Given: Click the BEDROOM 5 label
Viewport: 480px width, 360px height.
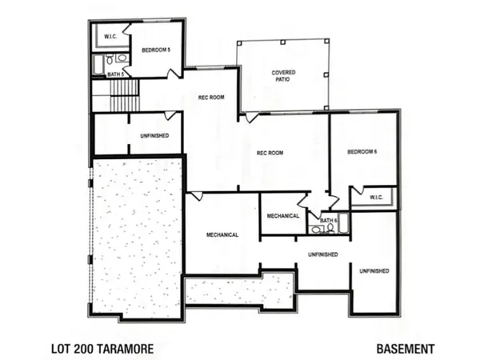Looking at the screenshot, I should click(x=155, y=50).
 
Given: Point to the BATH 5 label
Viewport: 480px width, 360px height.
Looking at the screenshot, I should click(x=115, y=74).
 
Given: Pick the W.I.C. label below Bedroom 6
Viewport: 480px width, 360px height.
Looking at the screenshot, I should click(x=374, y=196).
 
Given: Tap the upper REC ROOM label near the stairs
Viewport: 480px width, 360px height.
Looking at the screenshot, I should click(x=211, y=98).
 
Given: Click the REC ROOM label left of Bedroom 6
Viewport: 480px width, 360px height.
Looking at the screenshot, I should click(x=271, y=153).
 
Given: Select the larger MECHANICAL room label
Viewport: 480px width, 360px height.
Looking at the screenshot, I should click(x=224, y=235).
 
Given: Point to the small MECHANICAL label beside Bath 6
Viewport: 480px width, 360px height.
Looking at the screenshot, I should click(x=282, y=215).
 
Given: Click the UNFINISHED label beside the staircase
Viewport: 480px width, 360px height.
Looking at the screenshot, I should click(x=154, y=136).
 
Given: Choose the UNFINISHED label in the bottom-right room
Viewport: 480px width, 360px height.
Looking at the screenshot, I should click(x=374, y=271).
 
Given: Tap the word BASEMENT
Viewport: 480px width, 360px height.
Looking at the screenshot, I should click(x=406, y=349).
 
